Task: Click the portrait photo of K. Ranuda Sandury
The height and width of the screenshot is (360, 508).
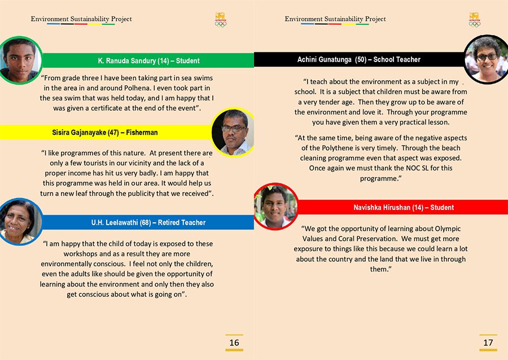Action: click(19, 60)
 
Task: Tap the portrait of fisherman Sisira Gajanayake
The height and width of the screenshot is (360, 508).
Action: click(233, 133)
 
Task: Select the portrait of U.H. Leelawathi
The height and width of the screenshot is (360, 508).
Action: click(19, 221)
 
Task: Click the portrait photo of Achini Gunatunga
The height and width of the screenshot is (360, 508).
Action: click(485, 59)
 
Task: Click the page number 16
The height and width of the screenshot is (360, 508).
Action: click(234, 343)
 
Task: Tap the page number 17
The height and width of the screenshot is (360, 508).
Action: click(488, 343)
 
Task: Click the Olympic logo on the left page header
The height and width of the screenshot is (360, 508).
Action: click(220, 20)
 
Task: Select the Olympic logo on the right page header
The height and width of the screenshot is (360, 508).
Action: click(474, 20)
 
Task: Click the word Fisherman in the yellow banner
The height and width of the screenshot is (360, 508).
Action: click(142, 133)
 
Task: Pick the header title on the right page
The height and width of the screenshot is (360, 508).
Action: click(335, 19)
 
